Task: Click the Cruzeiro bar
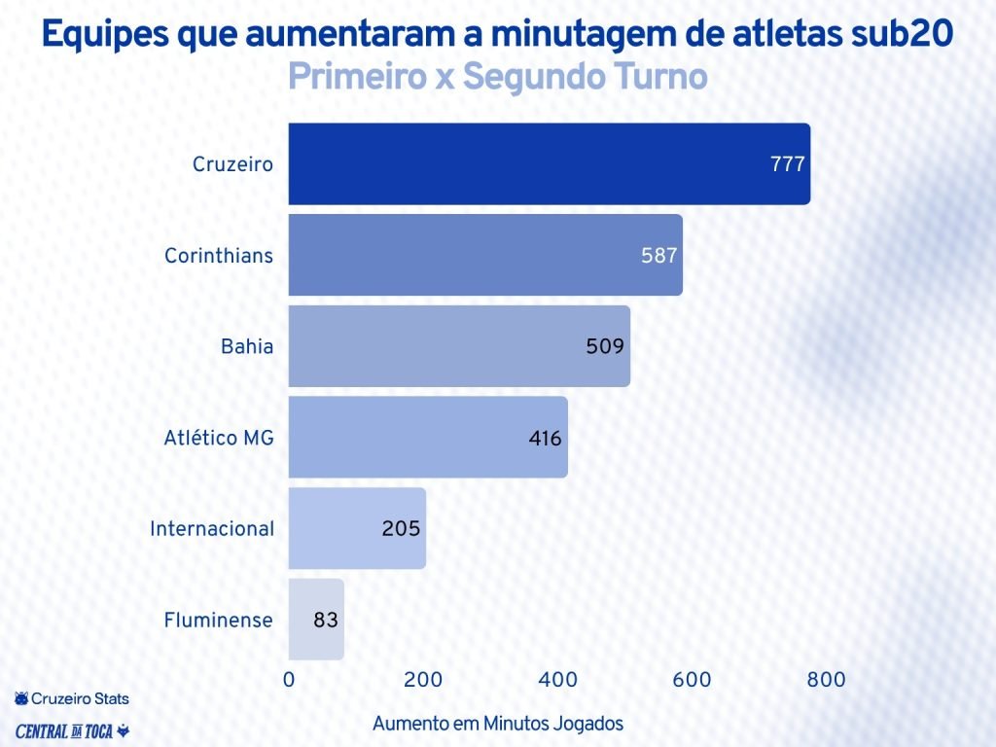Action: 549,163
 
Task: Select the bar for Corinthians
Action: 484,255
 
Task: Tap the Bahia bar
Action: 458,346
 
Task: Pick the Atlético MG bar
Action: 427,437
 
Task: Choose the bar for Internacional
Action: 356,528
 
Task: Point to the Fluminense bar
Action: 315,620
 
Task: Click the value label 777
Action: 787,164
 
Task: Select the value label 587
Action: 658,256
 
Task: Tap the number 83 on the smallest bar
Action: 326,620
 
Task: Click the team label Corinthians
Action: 219,256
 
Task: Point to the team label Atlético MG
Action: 219,438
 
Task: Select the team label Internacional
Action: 212,529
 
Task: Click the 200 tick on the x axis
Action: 423,680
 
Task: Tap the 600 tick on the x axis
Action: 693,680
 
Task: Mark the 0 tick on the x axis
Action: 289,680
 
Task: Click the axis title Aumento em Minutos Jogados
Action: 498,724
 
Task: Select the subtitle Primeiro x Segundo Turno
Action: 497,78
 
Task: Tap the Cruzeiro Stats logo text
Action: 72,698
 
